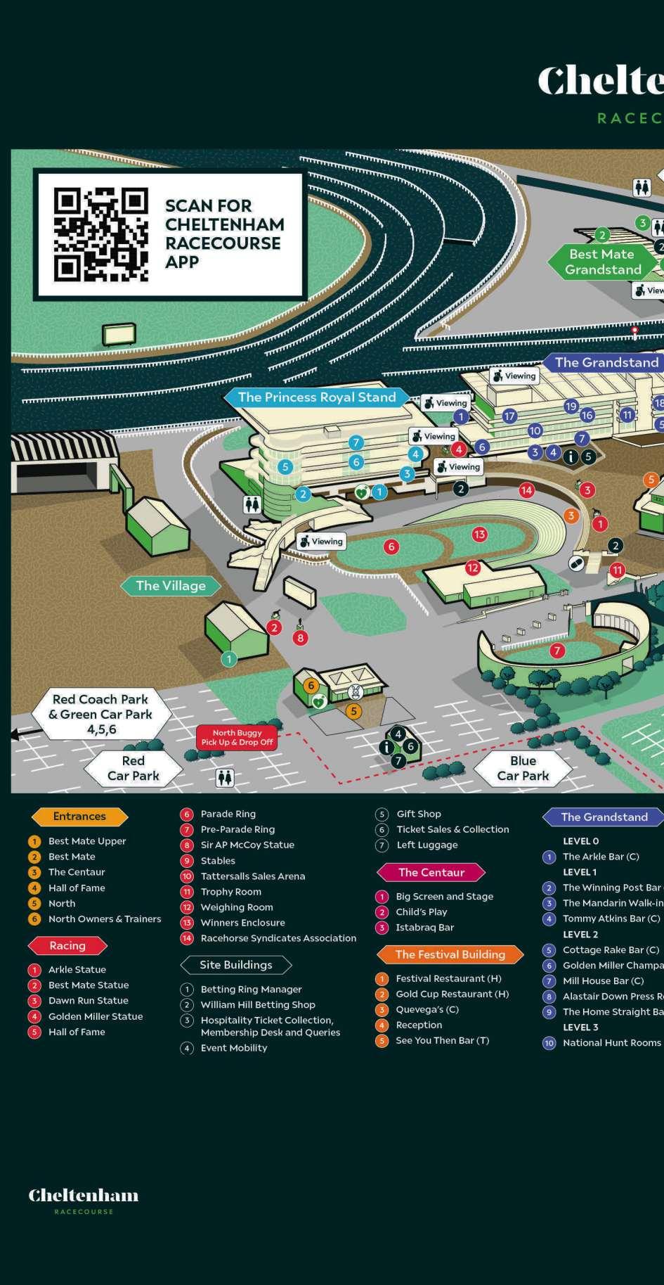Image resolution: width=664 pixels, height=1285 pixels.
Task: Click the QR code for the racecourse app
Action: (101, 234)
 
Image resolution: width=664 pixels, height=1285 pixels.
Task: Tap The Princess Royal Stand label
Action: (316, 397)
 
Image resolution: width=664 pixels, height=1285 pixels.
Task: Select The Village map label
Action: (171, 586)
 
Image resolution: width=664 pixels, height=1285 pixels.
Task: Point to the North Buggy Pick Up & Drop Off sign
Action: (237, 737)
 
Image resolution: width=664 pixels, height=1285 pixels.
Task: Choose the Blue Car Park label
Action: (523, 768)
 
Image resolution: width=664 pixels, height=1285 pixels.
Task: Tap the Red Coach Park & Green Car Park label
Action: (100, 714)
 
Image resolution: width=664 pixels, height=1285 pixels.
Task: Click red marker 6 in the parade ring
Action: (391, 546)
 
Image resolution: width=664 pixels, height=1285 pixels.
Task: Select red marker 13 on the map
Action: (480, 535)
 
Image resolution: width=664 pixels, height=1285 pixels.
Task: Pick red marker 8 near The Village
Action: (301, 638)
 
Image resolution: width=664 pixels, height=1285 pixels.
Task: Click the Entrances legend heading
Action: (79, 817)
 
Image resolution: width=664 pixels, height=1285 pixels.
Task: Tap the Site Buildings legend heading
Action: (235, 965)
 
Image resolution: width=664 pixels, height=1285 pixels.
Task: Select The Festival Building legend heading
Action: (450, 954)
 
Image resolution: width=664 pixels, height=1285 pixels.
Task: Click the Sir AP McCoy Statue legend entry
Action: (247, 845)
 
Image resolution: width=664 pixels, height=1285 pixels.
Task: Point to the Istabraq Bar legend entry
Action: (424, 927)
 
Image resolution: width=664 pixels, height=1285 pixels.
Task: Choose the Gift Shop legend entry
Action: (418, 814)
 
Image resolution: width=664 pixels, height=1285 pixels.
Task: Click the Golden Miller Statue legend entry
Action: (95, 1016)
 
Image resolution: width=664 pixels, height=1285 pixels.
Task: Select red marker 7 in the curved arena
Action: (557, 651)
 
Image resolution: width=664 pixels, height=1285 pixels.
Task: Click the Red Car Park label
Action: (133, 768)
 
